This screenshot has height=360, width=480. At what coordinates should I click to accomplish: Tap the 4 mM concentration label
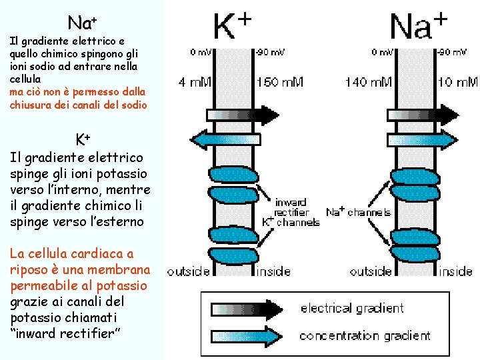click(194, 82)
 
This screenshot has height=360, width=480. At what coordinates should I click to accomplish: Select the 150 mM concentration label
click(280, 82)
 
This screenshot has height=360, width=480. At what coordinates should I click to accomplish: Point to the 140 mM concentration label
click(368, 82)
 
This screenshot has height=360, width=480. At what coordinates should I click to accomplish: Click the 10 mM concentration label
click(457, 82)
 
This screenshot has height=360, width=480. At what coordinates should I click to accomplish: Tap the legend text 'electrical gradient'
click(352, 308)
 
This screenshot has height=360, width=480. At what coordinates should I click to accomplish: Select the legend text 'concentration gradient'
click(365, 335)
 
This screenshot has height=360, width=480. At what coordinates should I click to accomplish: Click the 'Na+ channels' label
click(358, 213)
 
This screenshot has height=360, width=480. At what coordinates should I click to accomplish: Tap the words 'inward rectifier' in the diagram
click(291, 207)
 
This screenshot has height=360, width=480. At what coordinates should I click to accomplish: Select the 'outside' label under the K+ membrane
click(188, 271)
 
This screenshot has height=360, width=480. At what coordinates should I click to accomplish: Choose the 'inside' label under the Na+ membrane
click(456, 271)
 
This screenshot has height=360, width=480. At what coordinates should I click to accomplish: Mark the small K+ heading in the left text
click(83, 139)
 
